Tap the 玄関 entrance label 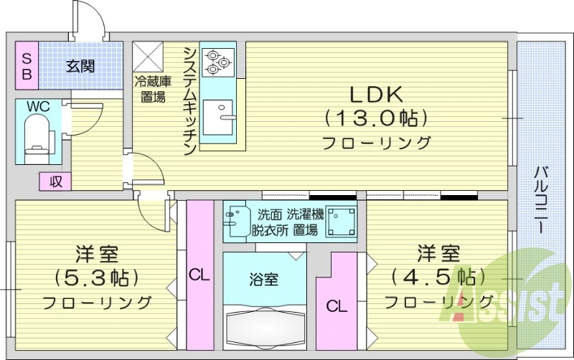80,67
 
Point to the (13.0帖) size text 377,117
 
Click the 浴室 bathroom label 264,280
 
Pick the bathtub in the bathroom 265,326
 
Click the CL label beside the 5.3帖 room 199,275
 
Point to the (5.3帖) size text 97,277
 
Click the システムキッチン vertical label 189,100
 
